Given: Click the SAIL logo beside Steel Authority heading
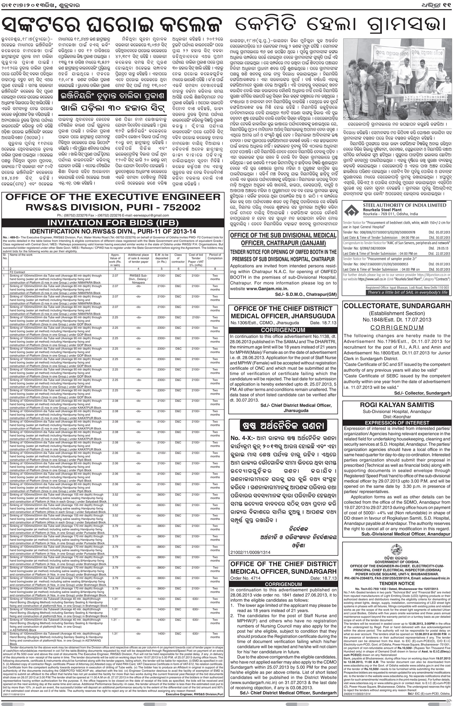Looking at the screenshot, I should (x=351, y=209).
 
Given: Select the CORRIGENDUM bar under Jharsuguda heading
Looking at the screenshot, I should (x=283, y=330).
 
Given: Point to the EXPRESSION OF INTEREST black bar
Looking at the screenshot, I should (x=397, y=423).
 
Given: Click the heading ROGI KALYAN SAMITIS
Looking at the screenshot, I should (x=397, y=405).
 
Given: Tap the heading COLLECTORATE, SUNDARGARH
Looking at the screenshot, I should (x=397, y=306).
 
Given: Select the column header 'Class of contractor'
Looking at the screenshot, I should (x=178, y=258).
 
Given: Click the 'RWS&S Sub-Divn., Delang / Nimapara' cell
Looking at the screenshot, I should (x=138, y=279).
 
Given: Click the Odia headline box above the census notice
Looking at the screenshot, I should (x=283, y=426).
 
